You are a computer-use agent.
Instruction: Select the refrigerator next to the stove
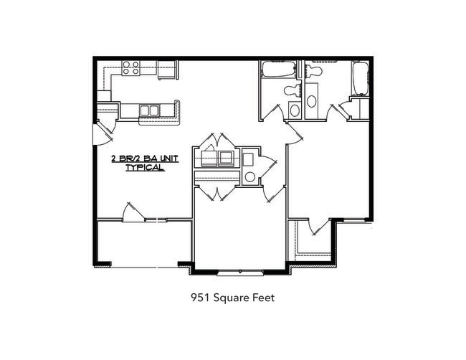point(167,70)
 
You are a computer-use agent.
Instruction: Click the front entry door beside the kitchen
point(100,132)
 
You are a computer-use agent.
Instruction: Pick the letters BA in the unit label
point(148,158)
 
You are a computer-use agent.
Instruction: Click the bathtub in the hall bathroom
point(277,70)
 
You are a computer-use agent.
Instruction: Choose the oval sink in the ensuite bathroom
point(312,100)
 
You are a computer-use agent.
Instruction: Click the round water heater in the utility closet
point(249,176)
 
